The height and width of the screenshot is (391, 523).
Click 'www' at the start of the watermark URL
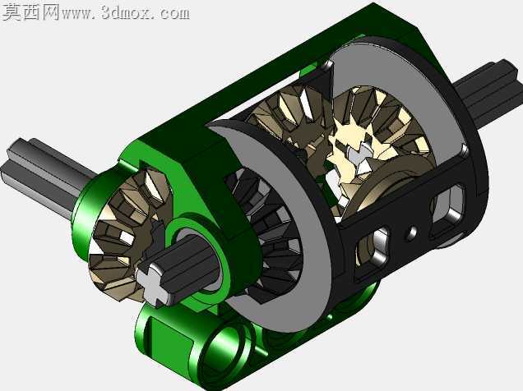(x=79, y=14)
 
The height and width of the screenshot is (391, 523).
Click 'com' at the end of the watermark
(x=174, y=13)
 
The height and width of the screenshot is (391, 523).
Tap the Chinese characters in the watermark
(x=31, y=12)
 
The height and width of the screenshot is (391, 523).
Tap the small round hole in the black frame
(x=411, y=232)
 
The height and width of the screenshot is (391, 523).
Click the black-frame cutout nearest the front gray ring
(x=373, y=250)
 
